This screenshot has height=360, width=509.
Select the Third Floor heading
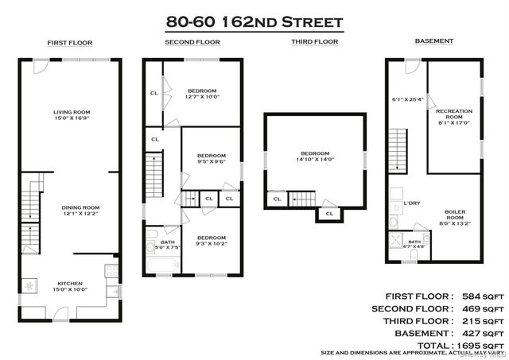[314, 41]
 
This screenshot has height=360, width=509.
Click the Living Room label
[69, 112]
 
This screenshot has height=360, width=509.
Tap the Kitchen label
[68, 283]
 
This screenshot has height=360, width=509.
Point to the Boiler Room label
[455, 214]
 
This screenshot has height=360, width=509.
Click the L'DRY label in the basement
[411, 204]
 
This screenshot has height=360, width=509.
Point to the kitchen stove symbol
[111, 275]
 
